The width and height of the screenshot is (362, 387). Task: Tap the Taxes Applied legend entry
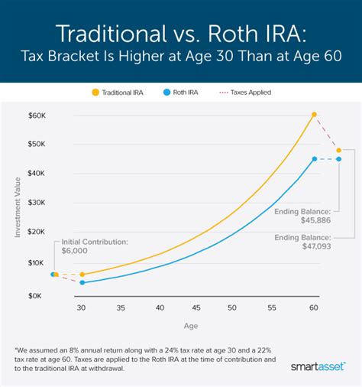pos(245,92)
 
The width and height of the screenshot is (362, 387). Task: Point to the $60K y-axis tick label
pos(37,115)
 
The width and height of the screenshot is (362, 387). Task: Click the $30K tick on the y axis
pos(37,203)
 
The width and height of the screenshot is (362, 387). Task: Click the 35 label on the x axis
pos(121,307)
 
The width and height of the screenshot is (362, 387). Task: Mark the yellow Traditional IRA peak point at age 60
pos(314,115)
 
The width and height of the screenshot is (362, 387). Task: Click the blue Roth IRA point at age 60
pos(314,159)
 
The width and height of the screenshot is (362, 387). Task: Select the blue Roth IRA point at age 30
pos(82,282)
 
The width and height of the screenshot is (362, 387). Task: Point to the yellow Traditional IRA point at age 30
pos(82,274)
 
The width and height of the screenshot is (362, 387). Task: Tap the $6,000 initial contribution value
pos(75,251)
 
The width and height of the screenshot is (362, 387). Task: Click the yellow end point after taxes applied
pos(339,150)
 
